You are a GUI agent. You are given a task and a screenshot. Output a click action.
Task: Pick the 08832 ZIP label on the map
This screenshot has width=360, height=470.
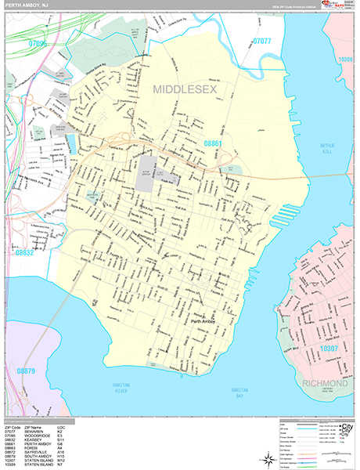pyautogui.click(x=24, y=252)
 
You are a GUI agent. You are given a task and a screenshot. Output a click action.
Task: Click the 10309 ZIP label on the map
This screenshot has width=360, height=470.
pyautogui.click(x=345, y=59)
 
